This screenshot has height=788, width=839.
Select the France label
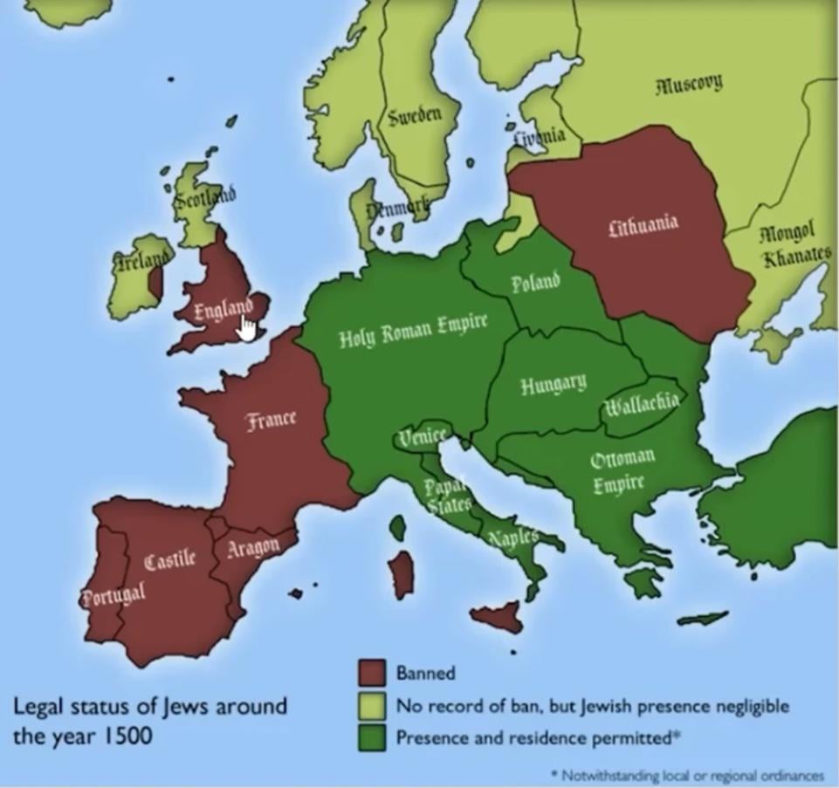click(x=271, y=420)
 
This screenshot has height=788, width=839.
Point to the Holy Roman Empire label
click(x=413, y=332)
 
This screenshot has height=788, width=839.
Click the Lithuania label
click(x=643, y=225)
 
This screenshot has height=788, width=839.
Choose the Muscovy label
click(x=689, y=85)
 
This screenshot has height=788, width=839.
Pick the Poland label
click(x=534, y=284)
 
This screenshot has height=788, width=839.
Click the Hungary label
click(x=554, y=385)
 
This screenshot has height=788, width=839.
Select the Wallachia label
click(x=641, y=403)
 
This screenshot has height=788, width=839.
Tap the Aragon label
click(x=253, y=548)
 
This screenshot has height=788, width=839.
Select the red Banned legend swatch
click(x=372, y=672)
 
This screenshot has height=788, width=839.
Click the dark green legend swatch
click(x=372, y=737)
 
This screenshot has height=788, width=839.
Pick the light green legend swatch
click(x=372, y=705)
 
